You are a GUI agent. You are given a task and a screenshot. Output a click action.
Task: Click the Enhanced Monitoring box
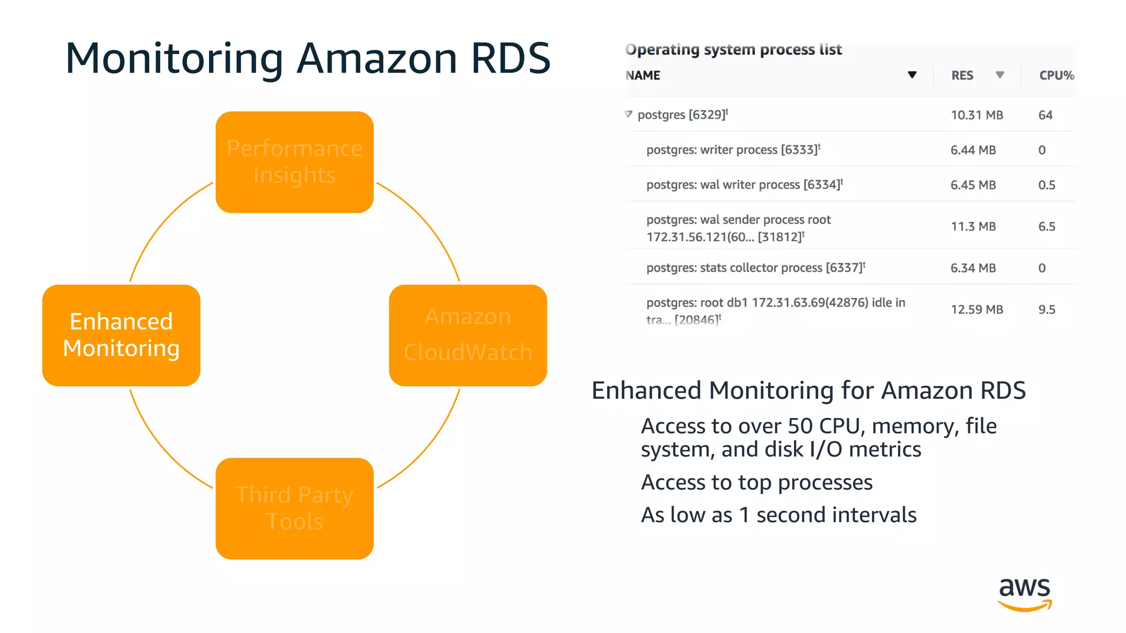(x=121, y=335)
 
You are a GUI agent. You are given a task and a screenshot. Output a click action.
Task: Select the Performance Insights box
(x=294, y=162)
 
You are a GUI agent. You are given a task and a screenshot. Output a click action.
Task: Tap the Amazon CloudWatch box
(x=467, y=335)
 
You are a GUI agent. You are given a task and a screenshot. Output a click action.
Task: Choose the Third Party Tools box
(x=294, y=508)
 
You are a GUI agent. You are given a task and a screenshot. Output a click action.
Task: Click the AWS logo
(x=1024, y=593)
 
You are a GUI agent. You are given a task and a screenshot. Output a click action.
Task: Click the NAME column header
(x=643, y=75)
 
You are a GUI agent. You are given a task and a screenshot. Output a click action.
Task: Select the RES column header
(x=962, y=75)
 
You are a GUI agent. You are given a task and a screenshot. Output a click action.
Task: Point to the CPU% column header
(x=1056, y=75)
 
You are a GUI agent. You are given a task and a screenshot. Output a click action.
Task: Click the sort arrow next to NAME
(x=912, y=75)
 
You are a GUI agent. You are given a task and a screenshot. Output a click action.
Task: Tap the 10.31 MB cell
(x=976, y=115)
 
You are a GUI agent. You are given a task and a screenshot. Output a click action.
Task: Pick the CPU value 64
(x=1045, y=115)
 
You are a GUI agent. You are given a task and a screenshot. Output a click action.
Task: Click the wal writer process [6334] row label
(x=744, y=185)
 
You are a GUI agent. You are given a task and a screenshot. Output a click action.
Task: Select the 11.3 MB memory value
(x=973, y=226)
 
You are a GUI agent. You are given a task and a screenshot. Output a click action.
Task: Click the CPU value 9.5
(x=1046, y=309)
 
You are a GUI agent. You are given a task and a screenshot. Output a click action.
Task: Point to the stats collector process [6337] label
(x=755, y=268)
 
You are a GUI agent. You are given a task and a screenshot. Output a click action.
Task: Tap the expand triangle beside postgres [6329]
(x=628, y=114)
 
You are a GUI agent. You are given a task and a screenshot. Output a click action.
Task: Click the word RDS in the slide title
(x=510, y=58)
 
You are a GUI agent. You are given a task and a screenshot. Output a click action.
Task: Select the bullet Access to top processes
(x=757, y=482)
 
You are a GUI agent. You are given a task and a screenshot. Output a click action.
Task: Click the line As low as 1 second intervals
(x=779, y=515)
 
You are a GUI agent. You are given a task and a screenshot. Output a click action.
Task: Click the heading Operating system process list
(x=733, y=49)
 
